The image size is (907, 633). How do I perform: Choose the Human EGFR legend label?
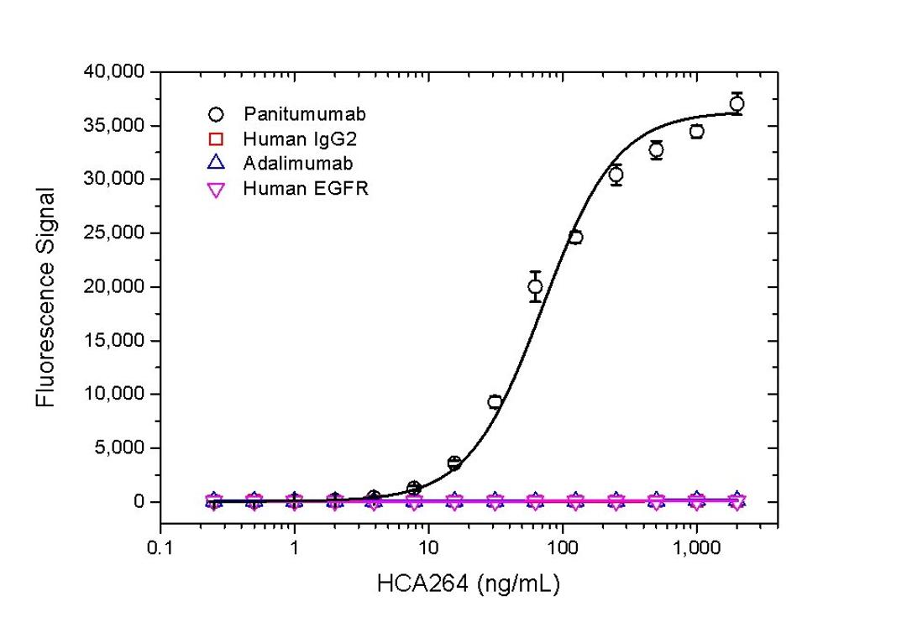click(x=306, y=189)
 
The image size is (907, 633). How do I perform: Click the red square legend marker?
click(x=216, y=139)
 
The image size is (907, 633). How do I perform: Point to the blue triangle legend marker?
click(x=216, y=163)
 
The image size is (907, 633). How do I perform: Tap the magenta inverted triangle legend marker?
click(x=216, y=190)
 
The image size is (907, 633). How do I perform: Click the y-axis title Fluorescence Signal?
click(x=46, y=297)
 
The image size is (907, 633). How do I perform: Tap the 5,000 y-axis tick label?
click(x=123, y=448)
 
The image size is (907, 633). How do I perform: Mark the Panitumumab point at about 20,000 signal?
click(x=535, y=287)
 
